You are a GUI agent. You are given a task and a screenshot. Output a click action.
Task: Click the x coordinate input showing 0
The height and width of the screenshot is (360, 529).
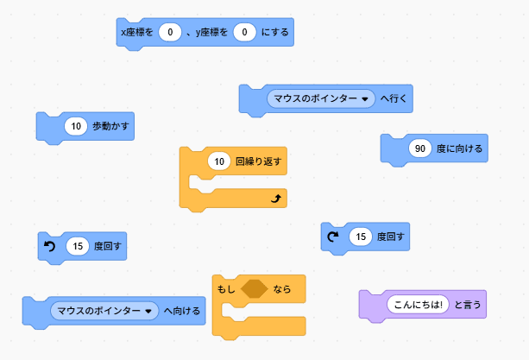(x=170, y=33)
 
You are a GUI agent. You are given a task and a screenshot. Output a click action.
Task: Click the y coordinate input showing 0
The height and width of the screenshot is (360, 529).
(x=244, y=33)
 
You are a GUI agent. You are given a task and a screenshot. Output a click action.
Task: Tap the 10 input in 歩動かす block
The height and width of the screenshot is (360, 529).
(x=76, y=126)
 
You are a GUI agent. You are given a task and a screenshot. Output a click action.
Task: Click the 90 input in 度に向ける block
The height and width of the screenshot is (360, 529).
(x=420, y=148)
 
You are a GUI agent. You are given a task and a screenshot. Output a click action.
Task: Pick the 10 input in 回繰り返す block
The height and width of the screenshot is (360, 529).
(x=219, y=161)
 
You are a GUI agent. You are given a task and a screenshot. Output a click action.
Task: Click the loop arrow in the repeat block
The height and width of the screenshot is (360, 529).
(x=276, y=199)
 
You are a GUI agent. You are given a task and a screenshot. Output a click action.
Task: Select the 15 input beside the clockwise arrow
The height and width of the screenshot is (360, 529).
(x=360, y=235)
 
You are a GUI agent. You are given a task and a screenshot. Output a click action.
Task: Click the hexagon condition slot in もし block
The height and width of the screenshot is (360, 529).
(x=255, y=289)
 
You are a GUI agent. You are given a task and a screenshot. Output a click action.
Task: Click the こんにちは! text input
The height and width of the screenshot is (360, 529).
(x=418, y=304)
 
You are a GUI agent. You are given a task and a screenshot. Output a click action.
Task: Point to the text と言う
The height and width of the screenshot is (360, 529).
(x=468, y=304)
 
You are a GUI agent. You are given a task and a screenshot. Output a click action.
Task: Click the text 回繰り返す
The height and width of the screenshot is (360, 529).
(x=259, y=161)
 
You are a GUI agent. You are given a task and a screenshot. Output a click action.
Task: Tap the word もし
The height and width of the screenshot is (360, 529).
(x=226, y=289)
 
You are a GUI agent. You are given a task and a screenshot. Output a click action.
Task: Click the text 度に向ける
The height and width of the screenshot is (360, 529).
(x=459, y=148)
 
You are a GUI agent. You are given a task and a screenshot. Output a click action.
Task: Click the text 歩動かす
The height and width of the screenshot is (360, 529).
(x=109, y=126)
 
